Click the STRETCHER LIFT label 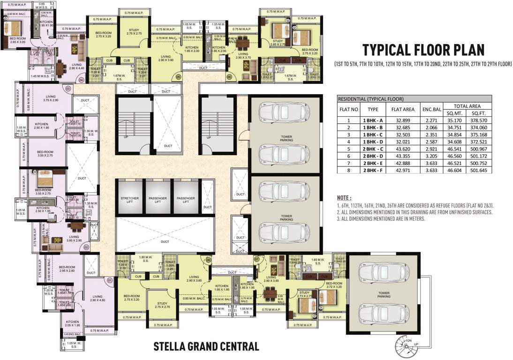point(129,200)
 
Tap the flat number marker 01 point(110,281)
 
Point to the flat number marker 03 point(68,88)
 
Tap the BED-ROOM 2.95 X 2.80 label point(68,269)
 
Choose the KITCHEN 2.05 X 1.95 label point(69,324)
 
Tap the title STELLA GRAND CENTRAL point(206,347)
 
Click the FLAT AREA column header point(402,110)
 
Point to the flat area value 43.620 point(402,148)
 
